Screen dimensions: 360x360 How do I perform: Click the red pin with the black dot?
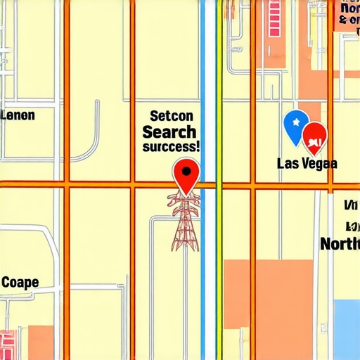click(186, 174)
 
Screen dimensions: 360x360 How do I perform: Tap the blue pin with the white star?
click(295, 124)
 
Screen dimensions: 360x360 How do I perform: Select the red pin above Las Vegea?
click(314, 135)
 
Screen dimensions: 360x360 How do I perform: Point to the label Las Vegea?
click(307, 164)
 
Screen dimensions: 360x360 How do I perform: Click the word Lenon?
click(18, 115)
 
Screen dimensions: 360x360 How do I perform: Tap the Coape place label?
click(20, 283)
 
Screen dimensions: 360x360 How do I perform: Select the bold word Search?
click(169, 131)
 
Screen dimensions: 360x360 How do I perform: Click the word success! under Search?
click(171, 148)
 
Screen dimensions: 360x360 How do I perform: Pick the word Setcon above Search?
click(171, 116)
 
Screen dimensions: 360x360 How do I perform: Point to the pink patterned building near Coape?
click(10, 343)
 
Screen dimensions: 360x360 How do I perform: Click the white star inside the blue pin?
click(295, 121)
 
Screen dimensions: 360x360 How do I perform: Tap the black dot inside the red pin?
click(186, 169)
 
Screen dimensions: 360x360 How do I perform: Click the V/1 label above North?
click(349, 205)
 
